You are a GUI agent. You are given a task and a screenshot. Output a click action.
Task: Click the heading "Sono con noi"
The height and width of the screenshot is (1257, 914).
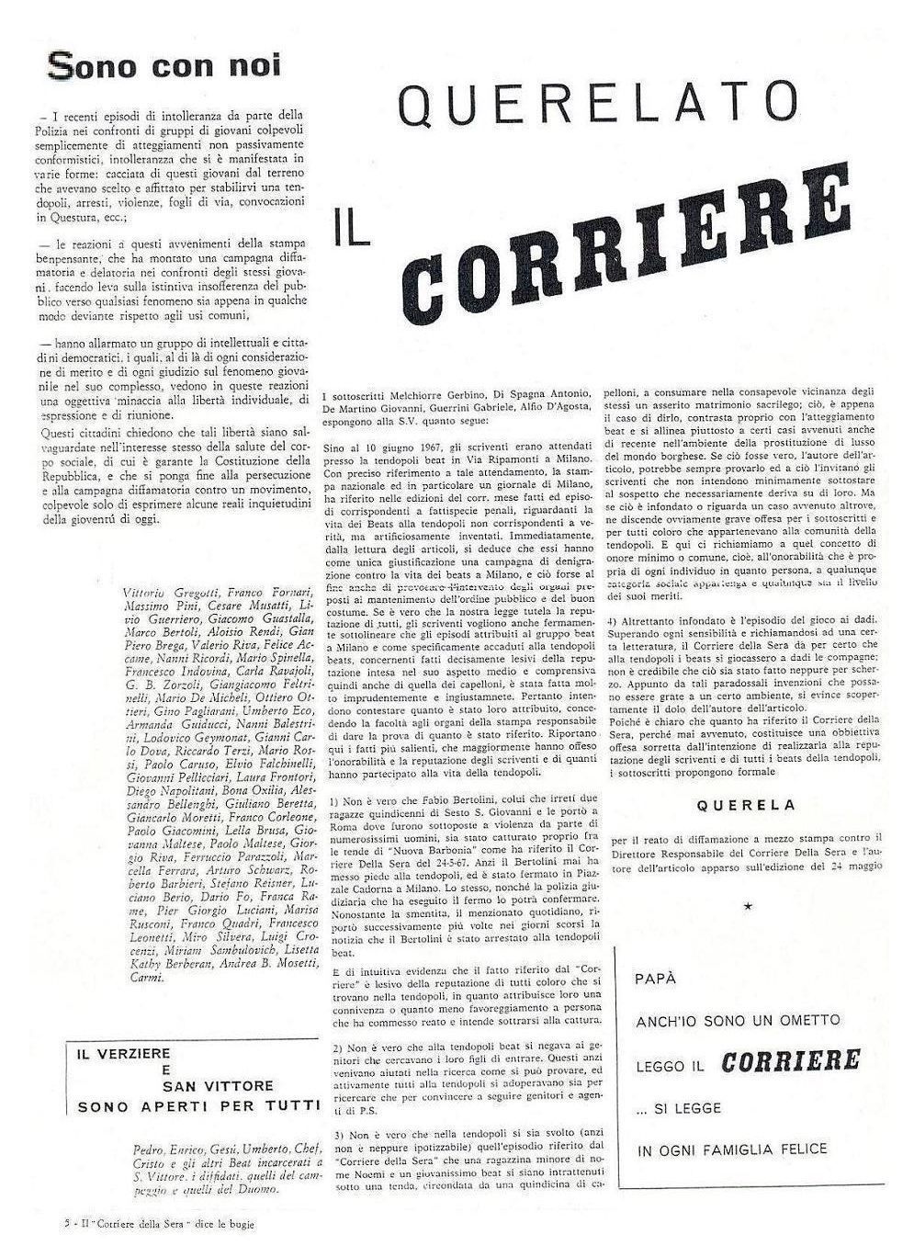tap(164, 66)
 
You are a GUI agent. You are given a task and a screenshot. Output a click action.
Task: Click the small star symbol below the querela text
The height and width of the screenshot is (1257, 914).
tap(747, 906)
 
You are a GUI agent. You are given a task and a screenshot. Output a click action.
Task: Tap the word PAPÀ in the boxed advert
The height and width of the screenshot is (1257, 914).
tap(655, 979)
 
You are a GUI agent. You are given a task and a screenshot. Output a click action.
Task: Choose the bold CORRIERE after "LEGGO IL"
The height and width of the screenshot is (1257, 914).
tap(791, 1061)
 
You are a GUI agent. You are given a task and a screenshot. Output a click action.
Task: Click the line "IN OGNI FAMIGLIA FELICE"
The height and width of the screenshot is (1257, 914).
tap(731, 1149)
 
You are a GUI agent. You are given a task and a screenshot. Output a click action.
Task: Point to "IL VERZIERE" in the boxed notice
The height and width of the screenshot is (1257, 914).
tap(123, 1054)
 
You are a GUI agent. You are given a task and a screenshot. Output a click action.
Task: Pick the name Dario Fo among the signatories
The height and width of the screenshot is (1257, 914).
tap(221, 898)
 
